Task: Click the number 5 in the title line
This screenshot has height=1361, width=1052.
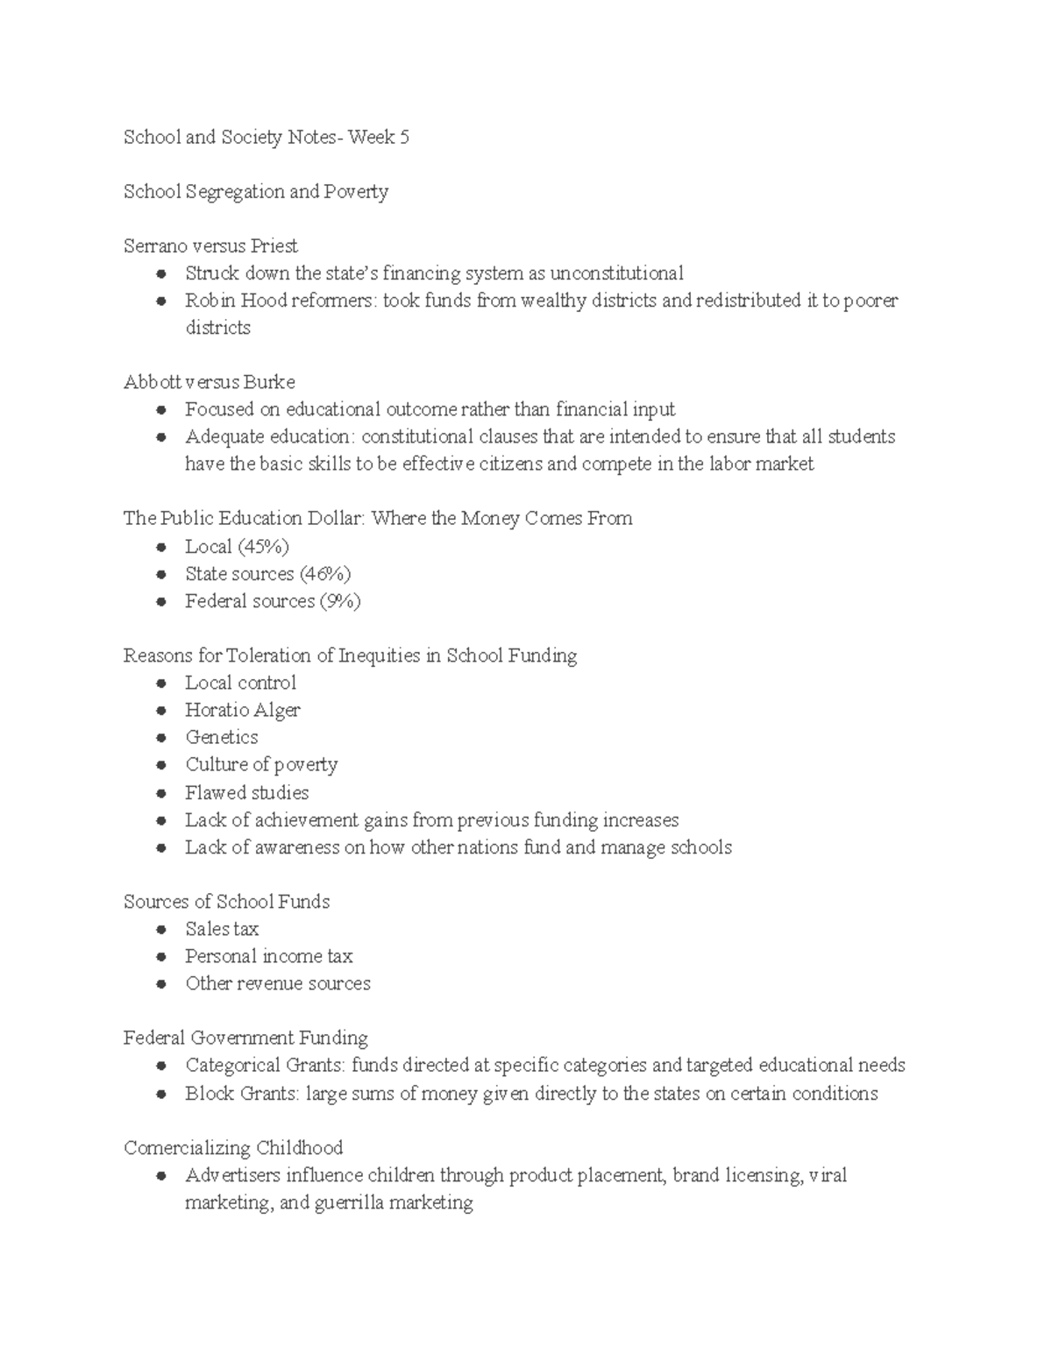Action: coord(403,138)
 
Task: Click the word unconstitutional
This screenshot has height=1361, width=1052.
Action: coord(616,273)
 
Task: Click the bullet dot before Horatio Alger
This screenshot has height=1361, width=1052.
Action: coord(160,711)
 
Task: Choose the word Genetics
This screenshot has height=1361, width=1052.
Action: coord(222,738)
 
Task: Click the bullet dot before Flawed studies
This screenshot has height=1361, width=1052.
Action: coord(160,793)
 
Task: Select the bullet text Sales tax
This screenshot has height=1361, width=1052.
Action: coord(222,929)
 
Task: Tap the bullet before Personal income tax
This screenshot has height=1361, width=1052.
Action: coord(160,957)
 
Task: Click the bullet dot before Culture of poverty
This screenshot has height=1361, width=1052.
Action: coord(160,765)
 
